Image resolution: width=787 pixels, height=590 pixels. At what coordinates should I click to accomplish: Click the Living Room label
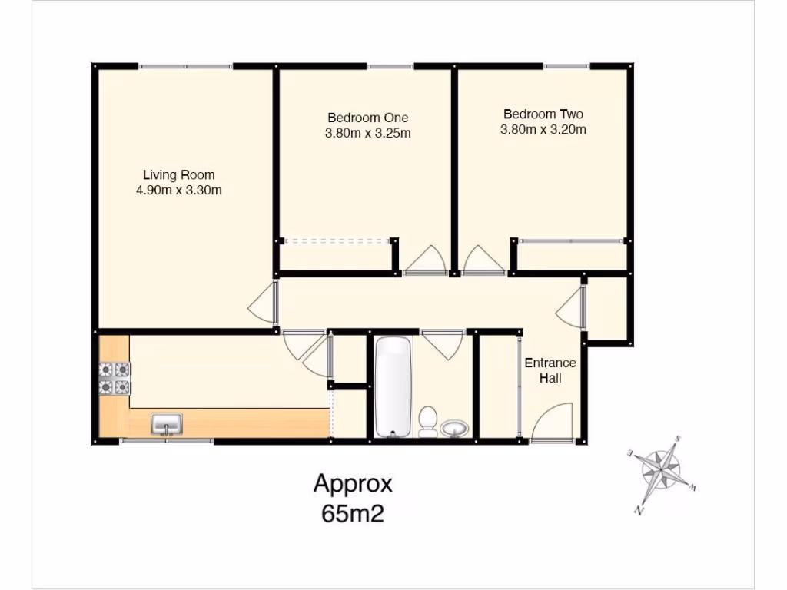pos(179,174)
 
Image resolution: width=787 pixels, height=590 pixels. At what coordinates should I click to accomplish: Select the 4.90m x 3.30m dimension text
pos(179,190)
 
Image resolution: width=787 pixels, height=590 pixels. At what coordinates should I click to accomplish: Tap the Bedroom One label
pos(367,118)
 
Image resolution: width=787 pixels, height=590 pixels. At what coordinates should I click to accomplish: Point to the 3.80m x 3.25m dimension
pos(367,133)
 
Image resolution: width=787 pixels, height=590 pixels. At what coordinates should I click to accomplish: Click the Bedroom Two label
pos(543,114)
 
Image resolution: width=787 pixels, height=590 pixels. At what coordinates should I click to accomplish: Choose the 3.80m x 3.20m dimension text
pos(543,130)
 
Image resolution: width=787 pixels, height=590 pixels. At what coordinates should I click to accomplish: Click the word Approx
pos(353,484)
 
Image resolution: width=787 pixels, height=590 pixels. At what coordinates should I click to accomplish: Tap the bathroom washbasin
pos(456,428)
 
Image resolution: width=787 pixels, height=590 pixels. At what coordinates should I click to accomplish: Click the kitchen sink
pos(167,423)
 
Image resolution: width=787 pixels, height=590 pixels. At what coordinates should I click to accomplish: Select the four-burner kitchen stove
pos(114,379)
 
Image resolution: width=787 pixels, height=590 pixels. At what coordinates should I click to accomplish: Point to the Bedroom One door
pos(424,260)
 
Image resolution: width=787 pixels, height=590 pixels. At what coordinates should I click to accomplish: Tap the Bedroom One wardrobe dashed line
pos(336,241)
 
